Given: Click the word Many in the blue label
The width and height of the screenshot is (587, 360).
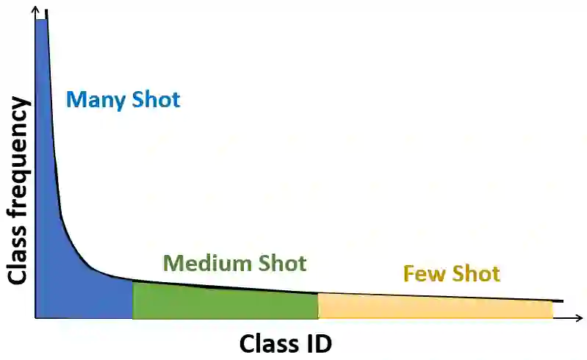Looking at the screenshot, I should click(x=96, y=99).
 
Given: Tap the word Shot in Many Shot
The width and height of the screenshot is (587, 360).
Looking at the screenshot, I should click(x=156, y=99).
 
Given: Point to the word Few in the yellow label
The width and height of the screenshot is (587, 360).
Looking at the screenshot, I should click(x=424, y=274).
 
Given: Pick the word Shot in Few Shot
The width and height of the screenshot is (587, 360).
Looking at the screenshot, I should click(x=475, y=274).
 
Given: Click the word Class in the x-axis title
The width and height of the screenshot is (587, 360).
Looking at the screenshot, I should click(x=268, y=342).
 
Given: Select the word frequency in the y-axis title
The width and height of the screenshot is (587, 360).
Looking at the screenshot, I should click(x=18, y=169).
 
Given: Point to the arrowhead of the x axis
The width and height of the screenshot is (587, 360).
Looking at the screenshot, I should click(x=579, y=318).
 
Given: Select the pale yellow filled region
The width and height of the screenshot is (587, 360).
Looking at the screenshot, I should click(x=433, y=307).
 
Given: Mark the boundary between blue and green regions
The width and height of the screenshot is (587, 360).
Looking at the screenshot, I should click(x=133, y=299).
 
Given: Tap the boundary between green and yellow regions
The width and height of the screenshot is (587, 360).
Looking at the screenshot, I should click(x=318, y=306).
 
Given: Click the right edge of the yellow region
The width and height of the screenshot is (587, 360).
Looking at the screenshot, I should click(x=552, y=309).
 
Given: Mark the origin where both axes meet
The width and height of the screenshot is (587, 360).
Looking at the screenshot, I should click(x=35, y=318).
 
